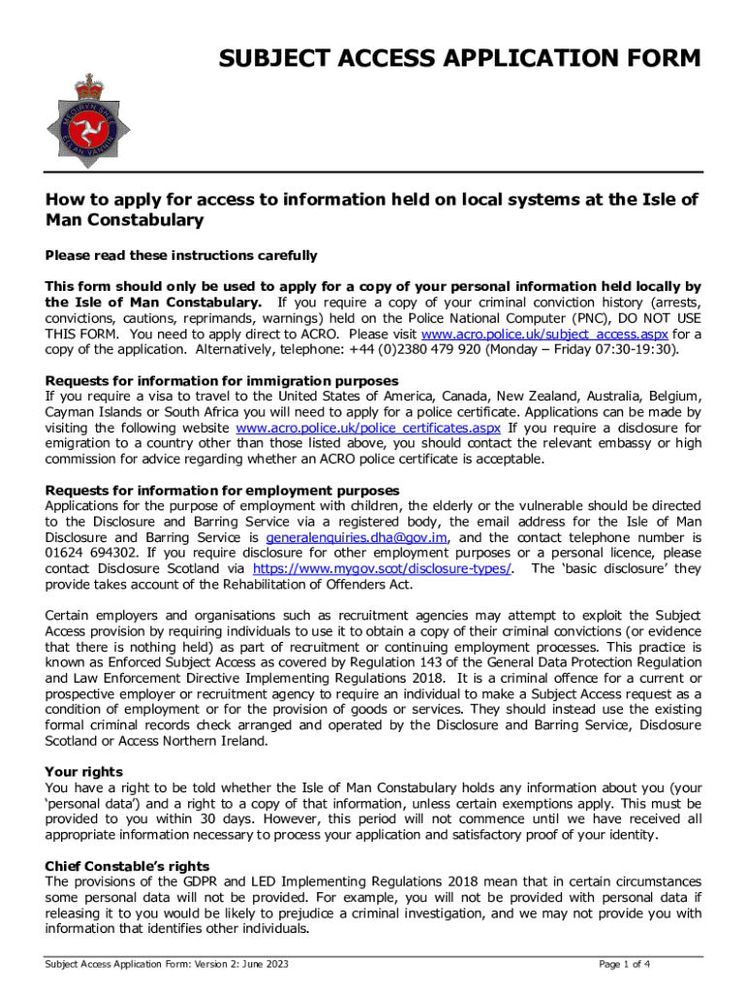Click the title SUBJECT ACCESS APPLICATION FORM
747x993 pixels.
coord(461,60)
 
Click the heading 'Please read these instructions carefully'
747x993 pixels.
coord(181,256)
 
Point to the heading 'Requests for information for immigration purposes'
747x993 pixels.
coord(222,381)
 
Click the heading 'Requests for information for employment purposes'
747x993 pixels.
coord(222,491)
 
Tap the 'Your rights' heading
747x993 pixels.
coord(84,772)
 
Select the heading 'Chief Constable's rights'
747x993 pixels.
coord(127,866)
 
